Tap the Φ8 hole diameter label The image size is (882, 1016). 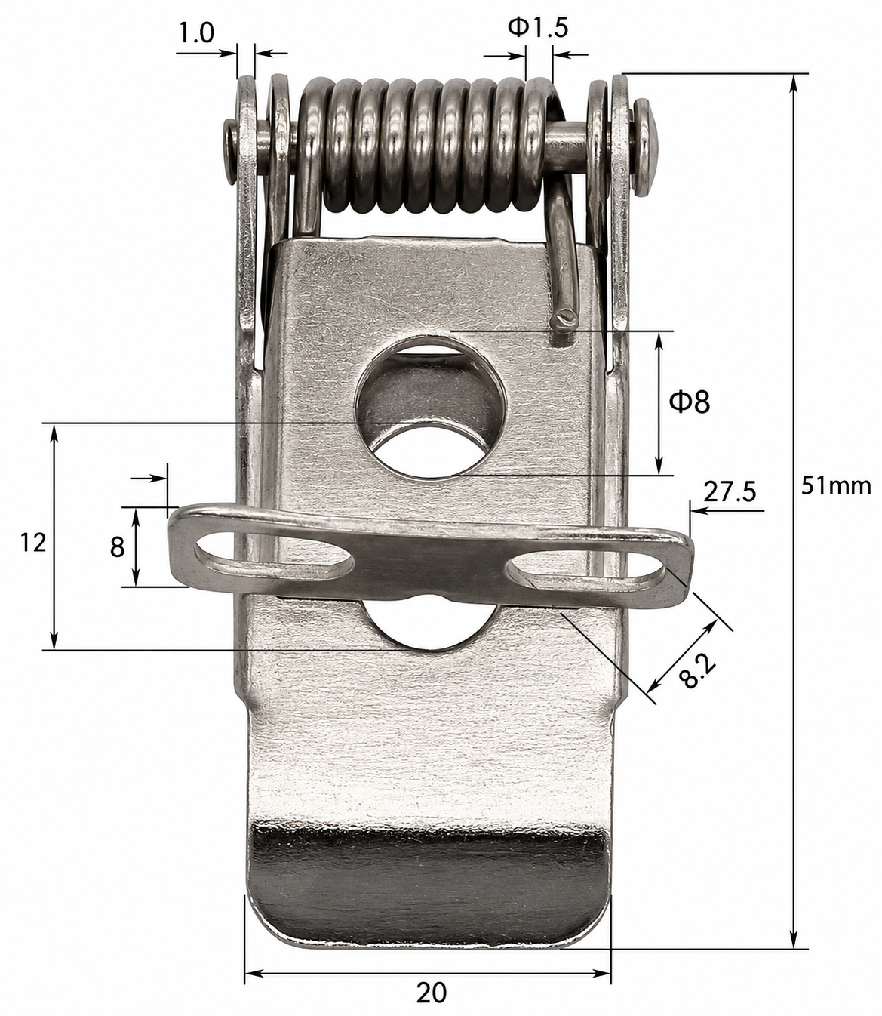pos(690,402)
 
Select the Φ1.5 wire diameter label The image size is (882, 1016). pos(537,28)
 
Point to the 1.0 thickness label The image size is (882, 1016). pos(195,34)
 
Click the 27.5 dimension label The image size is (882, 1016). pos(730,492)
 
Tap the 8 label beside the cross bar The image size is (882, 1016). pos(117,547)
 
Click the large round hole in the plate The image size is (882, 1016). pos(430,405)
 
